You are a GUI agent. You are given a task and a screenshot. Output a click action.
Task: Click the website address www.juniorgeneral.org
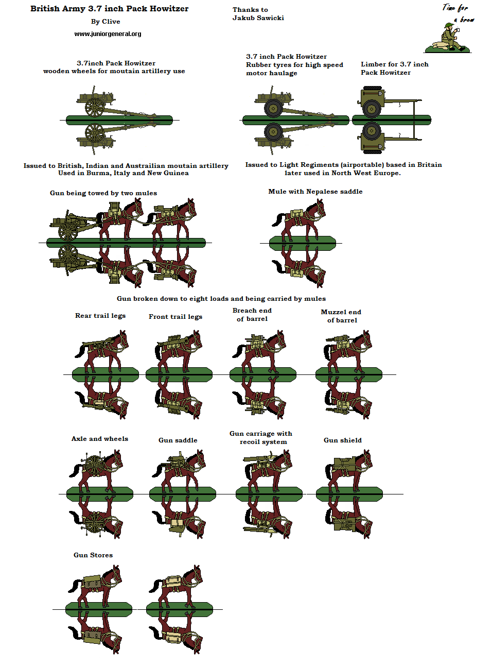click(x=108, y=34)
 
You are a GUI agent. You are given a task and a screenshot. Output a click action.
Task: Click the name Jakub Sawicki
click(x=258, y=18)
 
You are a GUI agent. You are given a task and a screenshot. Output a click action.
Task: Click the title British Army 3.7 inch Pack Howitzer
click(x=109, y=9)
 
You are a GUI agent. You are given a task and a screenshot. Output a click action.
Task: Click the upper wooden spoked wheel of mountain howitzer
click(x=95, y=107)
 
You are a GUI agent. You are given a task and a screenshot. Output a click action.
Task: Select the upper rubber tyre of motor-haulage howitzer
click(x=273, y=108)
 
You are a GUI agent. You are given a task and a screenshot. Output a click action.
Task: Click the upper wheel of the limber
click(x=371, y=109)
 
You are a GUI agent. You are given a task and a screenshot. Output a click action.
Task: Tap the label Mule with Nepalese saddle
click(x=315, y=192)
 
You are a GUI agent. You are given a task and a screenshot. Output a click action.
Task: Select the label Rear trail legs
click(x=100, y=316)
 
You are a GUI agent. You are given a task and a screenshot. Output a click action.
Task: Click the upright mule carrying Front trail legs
click(x=178, y=350)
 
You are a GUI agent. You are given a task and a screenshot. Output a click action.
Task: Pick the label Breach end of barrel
click(x=252, y=315)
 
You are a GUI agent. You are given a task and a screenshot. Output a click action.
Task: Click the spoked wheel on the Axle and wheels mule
click(x=94, y=466)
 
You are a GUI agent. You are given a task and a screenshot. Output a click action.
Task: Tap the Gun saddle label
click(x=178, y=440)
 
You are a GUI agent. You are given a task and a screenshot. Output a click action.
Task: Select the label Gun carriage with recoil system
click(x=261, y=438)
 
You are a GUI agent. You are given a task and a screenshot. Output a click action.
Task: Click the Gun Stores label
click(x=93, y=555)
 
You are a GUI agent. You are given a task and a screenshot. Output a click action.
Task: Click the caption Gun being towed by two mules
click(x=103, y=193)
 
